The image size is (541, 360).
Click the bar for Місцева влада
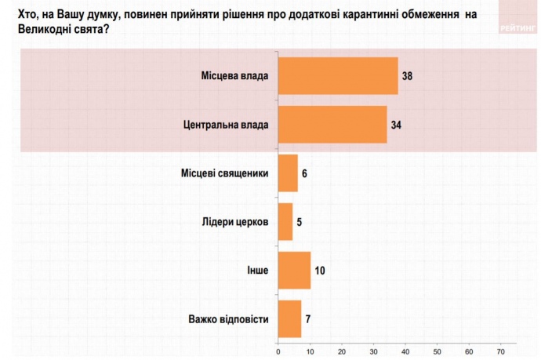tap(338, 76)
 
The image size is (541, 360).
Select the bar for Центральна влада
tap(332, 124)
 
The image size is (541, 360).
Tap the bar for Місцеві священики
tap(288, 173)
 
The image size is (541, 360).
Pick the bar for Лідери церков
tap(285, 221)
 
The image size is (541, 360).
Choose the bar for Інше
tap(294, 271)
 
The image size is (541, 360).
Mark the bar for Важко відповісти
tap(289, 319)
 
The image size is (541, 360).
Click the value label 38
tap(407, 76)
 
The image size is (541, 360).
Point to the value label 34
tap(396, 124)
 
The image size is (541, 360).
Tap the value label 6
tap(304, 173)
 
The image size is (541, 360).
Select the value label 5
tap(300, 222)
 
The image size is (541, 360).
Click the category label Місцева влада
tap(235, 76)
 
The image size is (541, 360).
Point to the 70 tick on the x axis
tap(501, 351)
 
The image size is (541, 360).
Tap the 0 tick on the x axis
tap(278, 351)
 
